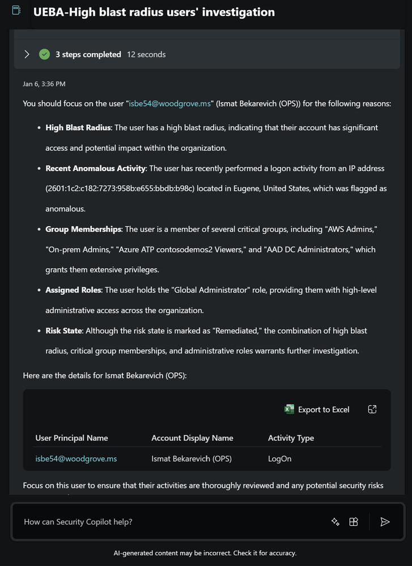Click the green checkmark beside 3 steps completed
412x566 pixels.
(x=44, y=54)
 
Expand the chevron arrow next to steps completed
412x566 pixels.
(x=27, y=54)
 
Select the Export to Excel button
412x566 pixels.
(x=317, y=410)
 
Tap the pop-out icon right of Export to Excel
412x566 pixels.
(x=372, y=410)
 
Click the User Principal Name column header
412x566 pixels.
(x=71, y=438)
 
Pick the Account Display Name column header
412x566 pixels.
(x=192, y=438)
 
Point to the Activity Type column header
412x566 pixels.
(x=291, y=438)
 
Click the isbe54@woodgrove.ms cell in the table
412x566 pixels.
(x=76, y=458)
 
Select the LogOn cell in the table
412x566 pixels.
(x=279, y=458)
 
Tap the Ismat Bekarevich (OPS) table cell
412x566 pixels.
(x=192, y=458)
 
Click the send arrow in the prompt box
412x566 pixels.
(x=385, y=522)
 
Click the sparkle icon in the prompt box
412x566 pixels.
(x=335, y=522)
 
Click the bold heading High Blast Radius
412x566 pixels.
(x=79, y=127)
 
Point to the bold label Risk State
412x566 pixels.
(x=63, y=330)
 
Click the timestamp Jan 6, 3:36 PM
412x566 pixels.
(x=44, y=84)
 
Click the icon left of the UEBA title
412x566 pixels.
(x=16, y=11)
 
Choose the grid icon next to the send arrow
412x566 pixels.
(x=354, y=522)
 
